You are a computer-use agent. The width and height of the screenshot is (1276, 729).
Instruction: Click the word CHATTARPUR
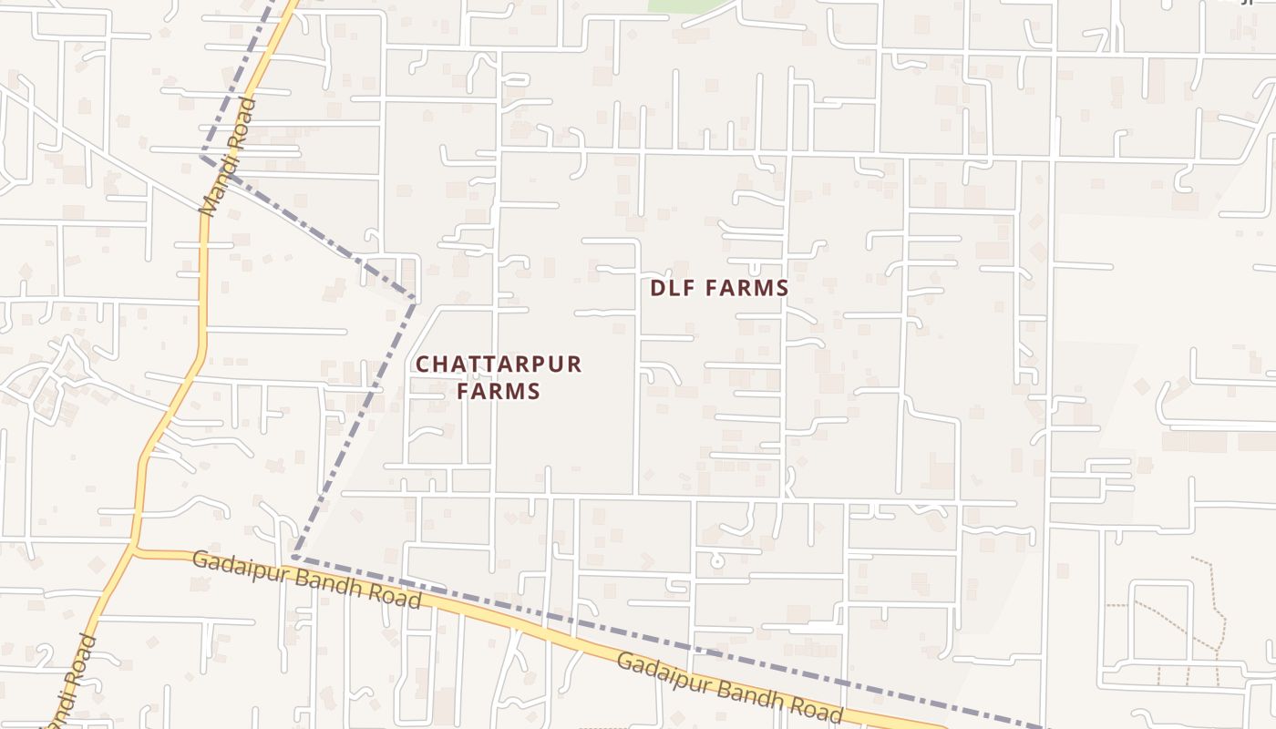pos(498,364)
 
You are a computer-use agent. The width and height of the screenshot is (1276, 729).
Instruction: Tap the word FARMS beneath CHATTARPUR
pos(499,392)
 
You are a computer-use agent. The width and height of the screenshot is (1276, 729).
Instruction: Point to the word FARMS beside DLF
pos(745,289)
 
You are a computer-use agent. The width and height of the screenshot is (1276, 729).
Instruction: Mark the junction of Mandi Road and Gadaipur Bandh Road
pos(134,550)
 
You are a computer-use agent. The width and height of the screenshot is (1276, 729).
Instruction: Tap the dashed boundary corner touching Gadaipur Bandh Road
pos(294,557)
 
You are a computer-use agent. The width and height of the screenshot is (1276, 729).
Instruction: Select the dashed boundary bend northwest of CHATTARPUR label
pos(415,298)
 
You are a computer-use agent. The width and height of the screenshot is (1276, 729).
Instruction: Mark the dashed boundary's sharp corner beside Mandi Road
pos(202,157)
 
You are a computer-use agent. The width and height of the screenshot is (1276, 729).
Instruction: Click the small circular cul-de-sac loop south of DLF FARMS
pos(717,561)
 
